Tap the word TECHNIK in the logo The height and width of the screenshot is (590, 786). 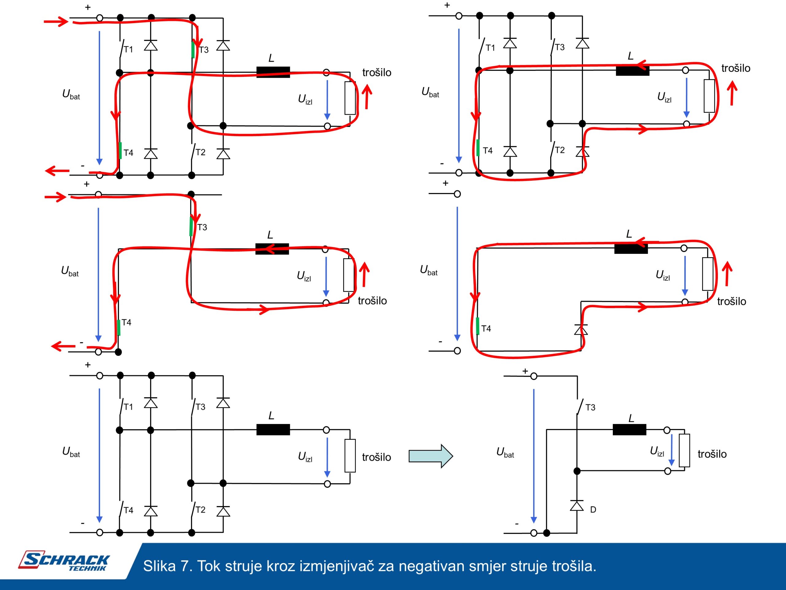tap(87, 568)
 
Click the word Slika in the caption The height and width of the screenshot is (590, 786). tap(159, 566)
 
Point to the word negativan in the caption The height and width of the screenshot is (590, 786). tap(431, 566)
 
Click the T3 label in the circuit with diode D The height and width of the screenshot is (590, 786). tap(590, 407)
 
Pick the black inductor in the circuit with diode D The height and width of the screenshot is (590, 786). tap(629, 430)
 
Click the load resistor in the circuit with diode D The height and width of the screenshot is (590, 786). tap(684, 450)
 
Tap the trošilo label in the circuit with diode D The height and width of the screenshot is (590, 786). tap(712, 454)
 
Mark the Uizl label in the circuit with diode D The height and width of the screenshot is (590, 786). tap(657, 451)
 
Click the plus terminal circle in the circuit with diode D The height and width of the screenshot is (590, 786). tap(533, 376)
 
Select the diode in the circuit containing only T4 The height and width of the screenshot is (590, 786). tap(581, 330)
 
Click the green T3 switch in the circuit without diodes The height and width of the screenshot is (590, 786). tap(192, 226)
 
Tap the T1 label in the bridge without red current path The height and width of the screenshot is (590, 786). tap(128, 407)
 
